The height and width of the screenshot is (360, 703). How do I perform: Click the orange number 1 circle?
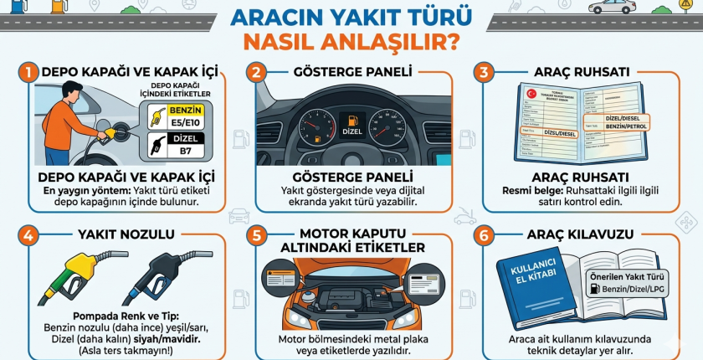(28, 74)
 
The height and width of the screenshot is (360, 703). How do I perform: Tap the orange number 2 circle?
(256, 74)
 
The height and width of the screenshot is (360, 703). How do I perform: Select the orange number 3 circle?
(483, 74)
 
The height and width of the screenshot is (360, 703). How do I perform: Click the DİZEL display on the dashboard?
(350, 130)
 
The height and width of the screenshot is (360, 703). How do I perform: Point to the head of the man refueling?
(73, 90)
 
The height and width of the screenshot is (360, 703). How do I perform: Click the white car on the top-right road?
(611, 8)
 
